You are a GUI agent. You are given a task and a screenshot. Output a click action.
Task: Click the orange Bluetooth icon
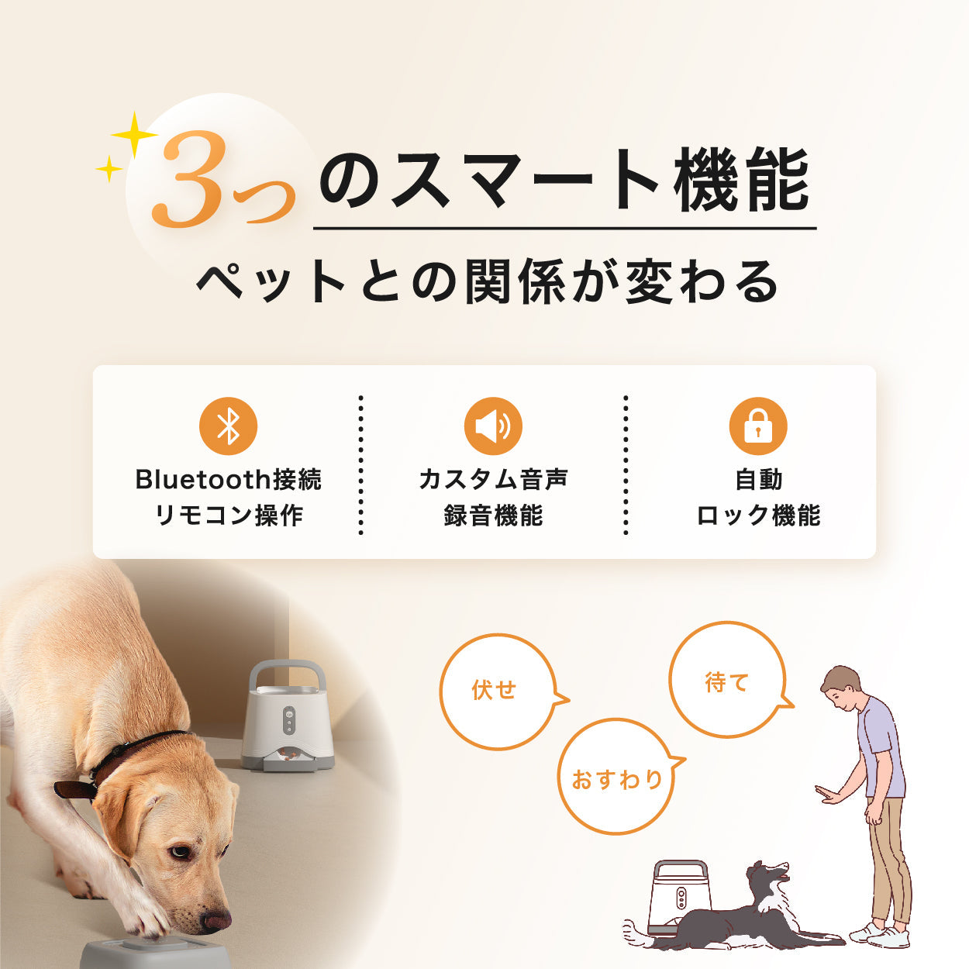(x=228, y=426)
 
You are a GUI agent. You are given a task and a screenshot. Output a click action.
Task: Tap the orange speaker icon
(x=493, y=426)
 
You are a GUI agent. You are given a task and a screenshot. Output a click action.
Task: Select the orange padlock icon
(x=758, y=426)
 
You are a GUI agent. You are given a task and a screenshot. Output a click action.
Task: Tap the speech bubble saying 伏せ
(x=496, y=691)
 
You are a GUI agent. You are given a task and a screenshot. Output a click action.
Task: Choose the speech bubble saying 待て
(x=726, y=680)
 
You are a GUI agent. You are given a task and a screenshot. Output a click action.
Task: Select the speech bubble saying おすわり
(x=616, y=778)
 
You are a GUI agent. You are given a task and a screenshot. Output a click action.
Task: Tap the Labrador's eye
(x=180, y=852)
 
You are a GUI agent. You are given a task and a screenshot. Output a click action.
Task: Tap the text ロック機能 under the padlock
(x=758, y=516)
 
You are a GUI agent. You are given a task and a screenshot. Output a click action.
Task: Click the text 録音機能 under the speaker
(x=493, y=516)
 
